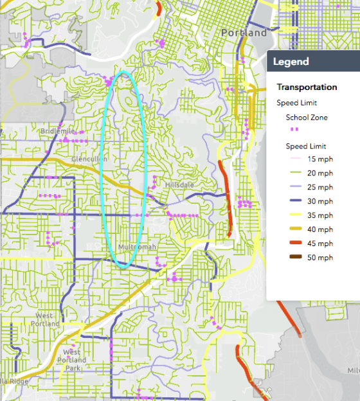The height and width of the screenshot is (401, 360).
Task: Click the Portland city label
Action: pos(244,33)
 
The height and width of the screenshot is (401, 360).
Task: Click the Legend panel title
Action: pos(291,62)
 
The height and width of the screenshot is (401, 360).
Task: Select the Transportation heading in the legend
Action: pos(307,87)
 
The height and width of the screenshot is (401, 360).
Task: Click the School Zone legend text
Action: pos(307,118)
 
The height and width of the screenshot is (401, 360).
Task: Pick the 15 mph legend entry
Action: pos(320,159)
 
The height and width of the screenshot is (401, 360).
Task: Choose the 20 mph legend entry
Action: pos(320,173)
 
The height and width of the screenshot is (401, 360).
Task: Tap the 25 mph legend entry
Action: pos(320,187)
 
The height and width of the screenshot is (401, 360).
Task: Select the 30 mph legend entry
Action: pos(320,201)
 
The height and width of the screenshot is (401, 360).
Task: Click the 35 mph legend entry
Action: pos(320,215)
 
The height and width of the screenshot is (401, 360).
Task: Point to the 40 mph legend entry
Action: pos(320,229)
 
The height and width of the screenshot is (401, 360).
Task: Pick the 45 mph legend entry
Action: pos(320,244)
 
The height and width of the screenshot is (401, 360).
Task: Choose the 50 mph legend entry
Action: pos(320,258)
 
